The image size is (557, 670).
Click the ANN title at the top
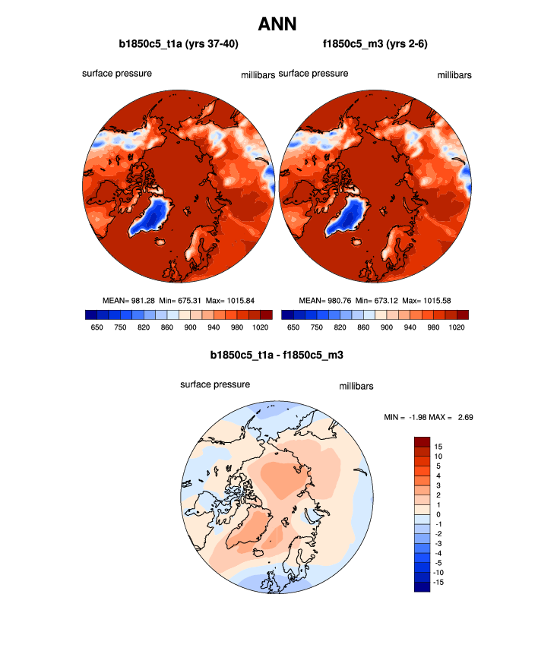tap(277, 24)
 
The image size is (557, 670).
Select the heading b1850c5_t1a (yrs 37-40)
tap(179, 44)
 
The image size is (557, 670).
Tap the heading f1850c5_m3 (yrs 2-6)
tap(376, 44)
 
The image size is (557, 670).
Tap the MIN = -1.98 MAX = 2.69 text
tap(430, 417)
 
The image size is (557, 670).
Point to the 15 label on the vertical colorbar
tap(439, 446)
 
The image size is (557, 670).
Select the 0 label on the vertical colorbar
tap(439, 514)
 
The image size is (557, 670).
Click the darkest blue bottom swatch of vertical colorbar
tap(422, 586)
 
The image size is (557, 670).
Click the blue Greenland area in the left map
tap(153, 214)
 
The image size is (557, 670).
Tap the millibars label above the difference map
tap(356, 387)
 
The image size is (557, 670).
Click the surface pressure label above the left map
tap(117, 74)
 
